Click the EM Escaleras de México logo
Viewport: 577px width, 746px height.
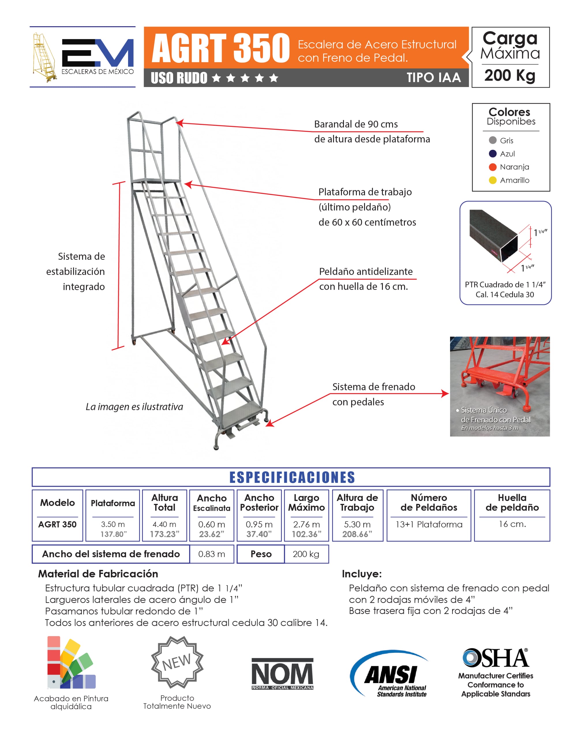point(83,57)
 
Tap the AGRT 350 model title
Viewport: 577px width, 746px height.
point(220,48)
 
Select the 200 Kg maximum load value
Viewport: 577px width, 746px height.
point(510,75)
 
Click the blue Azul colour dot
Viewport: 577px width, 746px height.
point(492,154)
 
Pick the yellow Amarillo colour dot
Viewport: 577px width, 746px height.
point(492,180)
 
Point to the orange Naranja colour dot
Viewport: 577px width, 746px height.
point(492,167)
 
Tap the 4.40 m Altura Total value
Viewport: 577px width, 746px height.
point(164,524)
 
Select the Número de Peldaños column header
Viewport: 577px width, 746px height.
point(429,502)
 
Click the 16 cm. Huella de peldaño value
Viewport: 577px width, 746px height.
point(512,524)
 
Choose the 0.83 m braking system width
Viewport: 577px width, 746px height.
point(211,554)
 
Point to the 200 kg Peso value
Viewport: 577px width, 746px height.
point(306,554)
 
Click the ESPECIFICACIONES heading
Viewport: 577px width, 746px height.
point(292,477)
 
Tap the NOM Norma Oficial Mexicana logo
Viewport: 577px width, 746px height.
point(282,674)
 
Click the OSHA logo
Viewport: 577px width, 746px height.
point(496,658)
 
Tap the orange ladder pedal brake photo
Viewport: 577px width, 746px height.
point(499,386)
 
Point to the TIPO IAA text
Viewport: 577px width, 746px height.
point(433,78)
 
